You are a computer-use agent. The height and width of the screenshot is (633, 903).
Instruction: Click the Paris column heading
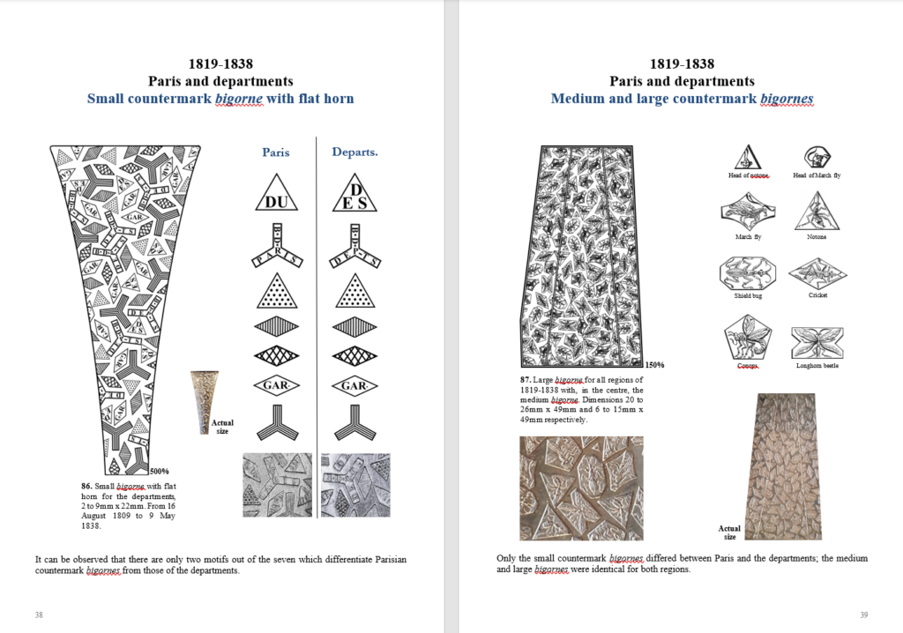(x=275, y=152)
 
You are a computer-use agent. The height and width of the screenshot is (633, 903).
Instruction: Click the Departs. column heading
(x=354, y=152)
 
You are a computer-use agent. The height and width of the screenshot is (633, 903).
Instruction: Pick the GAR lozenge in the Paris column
(x=276, y=385)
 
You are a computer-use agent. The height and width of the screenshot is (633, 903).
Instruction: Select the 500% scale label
(x=160, y=472)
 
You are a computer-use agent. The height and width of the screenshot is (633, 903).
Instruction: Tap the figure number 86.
(x=86, y=486)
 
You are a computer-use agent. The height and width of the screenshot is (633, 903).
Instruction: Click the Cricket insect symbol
(x=817, y=276)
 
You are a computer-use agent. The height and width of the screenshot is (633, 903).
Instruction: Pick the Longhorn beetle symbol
(x=817, y=342)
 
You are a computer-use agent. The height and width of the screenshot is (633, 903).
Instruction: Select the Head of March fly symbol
(x=817, y=159)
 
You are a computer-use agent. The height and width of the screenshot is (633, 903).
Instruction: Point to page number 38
(x=39, y=614)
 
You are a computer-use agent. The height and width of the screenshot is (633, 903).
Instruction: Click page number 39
(x=864, y=614)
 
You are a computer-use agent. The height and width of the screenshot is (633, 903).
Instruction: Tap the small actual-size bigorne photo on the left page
(x=200, y=402)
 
